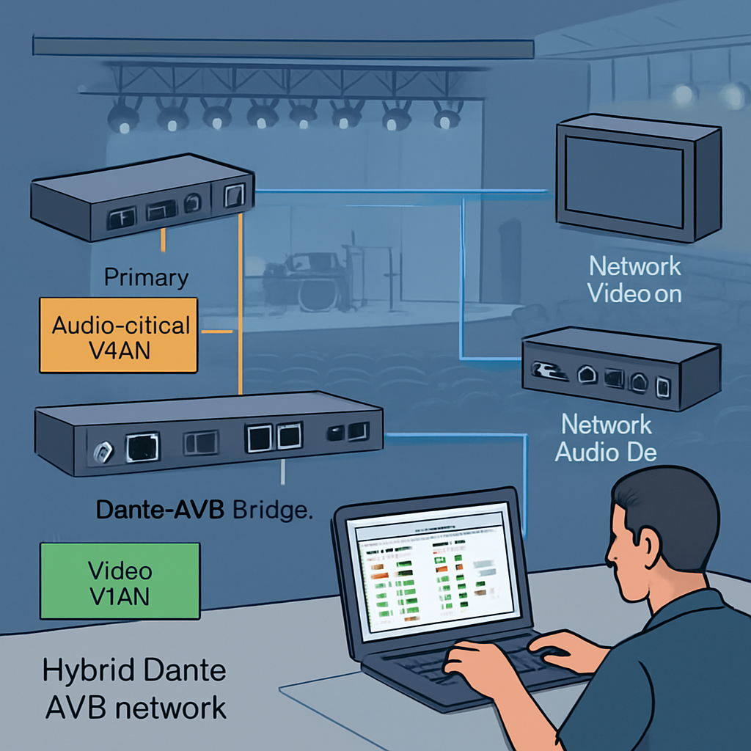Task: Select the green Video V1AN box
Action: coord(120,582)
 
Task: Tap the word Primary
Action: coord(146,278)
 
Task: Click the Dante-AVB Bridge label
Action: coord(205,510)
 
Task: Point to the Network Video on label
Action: coord(635,279)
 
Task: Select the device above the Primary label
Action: coord(142,196)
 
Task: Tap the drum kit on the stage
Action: coord(308,279)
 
